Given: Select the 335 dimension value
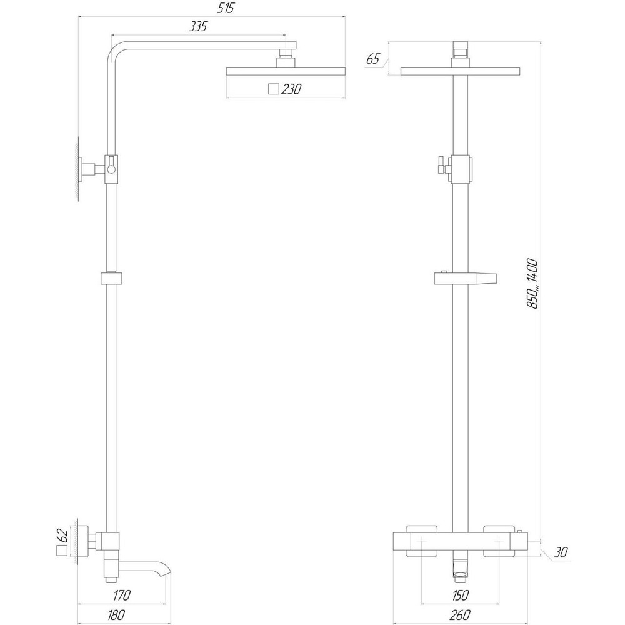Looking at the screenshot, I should click(x=197, y=26).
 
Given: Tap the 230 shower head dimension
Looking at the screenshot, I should click(x=291, y=89).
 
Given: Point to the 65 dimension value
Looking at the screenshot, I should click(x=372, y=59).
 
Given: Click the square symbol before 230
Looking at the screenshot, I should click(x=272, y=89).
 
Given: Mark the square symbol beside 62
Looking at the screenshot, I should click(x=61, y=551).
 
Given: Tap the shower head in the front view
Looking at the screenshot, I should click(x=461, y=71).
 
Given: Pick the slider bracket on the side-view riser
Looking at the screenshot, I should click(x=111, y=278).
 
